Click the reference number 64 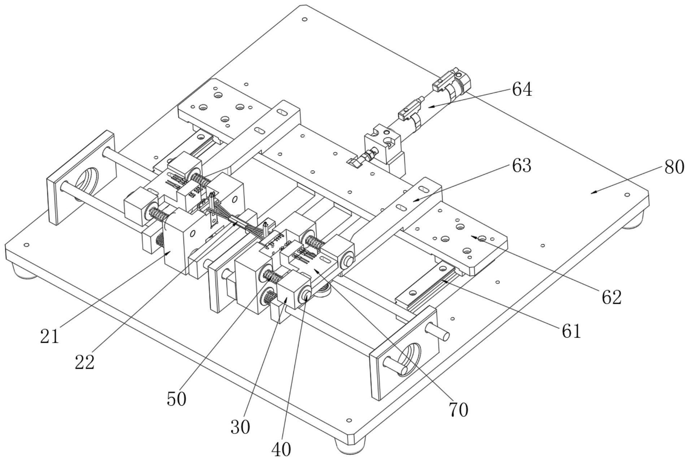pyautogui.click(x=522, y=89)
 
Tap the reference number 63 pyautogui.click(x=521, y=166)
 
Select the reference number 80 pyautogui.click(x=674, y=167)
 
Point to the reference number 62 pyautogui.click(x=611, y=297)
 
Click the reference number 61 pyautogui.click(x=571, y=331)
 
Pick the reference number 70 pyautogui.click(x=458, y=410)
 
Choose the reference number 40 pyautogui.click(x=281, y=449)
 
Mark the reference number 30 pyautogui.click(x=240, y=427)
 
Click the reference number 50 pyautogui.click(x=177, y=399)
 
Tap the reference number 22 pyautogui.click(x=85, y=362)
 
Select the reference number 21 pyautogui.click(x=49, y=336)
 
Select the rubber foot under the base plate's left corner pyautogui.click(x=24, y=272)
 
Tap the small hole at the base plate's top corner pyautogui.click(x=304, y=19)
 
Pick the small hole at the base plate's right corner pyautogui.click(x=627, y=195)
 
